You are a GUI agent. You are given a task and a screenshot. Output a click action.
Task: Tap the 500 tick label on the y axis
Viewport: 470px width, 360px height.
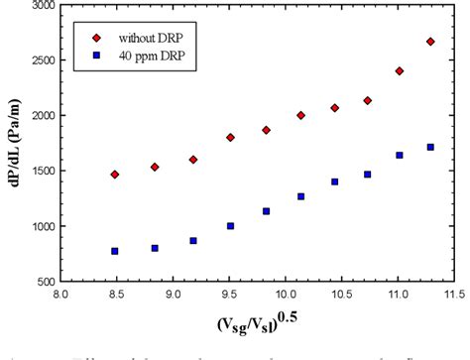[43, 281]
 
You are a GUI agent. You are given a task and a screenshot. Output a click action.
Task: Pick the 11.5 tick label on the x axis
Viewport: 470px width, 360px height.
[455, 295]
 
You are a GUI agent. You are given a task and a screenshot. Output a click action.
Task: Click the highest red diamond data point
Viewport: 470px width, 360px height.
[430, 42]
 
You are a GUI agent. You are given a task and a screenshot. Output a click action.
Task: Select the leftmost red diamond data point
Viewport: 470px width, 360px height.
[115, 175]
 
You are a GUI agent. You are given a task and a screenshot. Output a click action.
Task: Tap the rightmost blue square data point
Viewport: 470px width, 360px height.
[430, 147]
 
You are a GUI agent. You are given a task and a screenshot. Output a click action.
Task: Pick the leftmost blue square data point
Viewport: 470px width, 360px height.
[115, 251]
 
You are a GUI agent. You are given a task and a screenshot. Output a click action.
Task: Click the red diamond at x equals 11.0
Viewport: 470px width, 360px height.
[400, 71]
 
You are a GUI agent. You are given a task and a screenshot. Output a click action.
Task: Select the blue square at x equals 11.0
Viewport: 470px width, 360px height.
[400, 155]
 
